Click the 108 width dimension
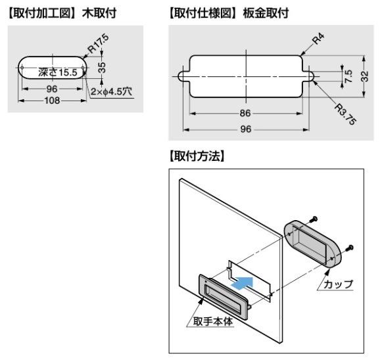[x=53, y=101]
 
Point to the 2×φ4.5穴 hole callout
[x=112, y=91]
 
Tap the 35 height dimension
[x=102, y=67]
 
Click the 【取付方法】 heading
[x=197, y=156]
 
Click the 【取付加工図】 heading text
[x=39, y=13]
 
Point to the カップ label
[x=339, y=284]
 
